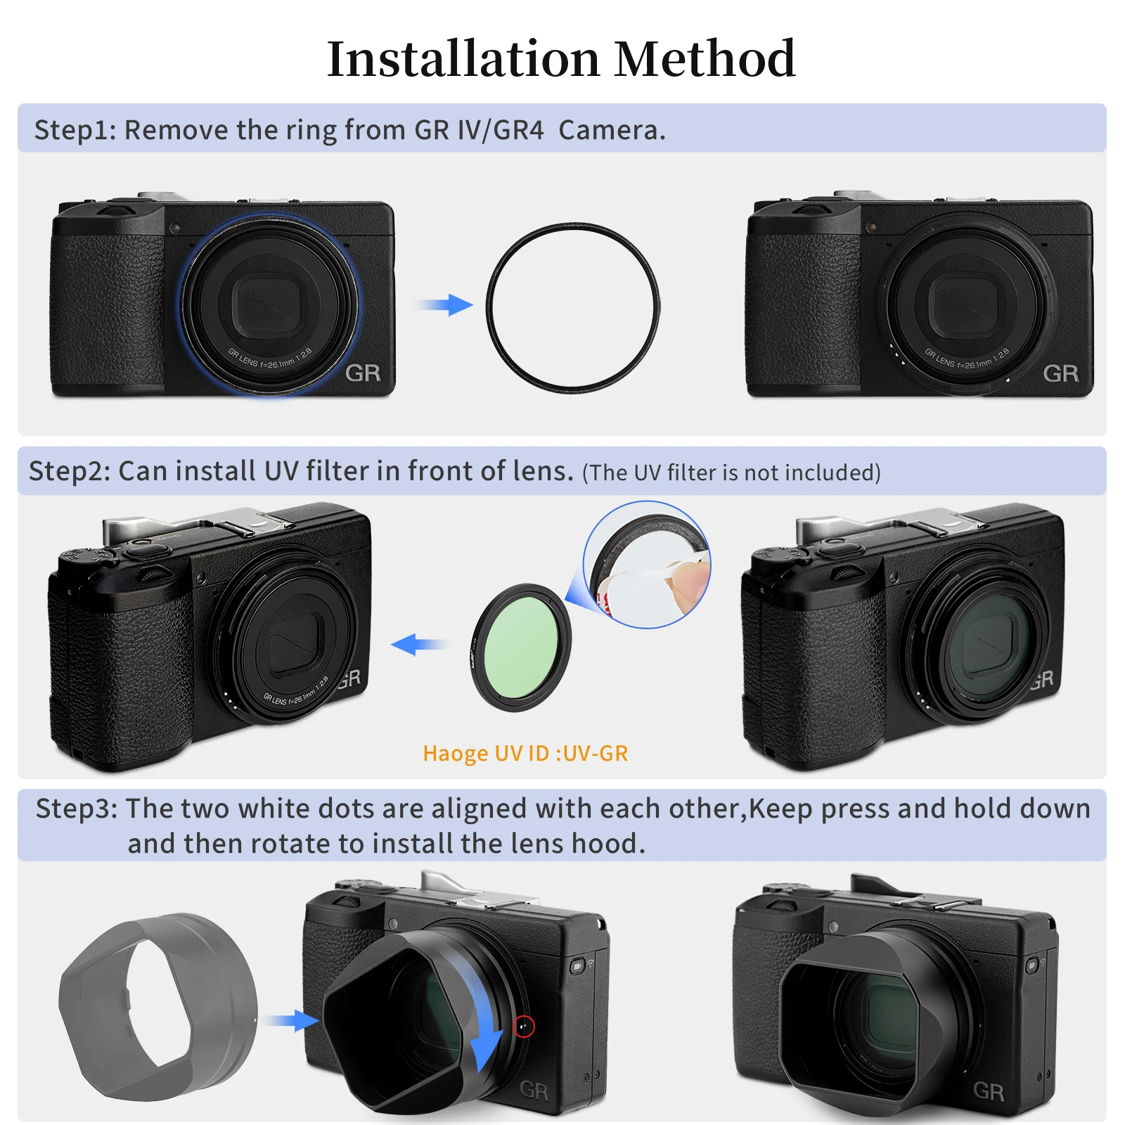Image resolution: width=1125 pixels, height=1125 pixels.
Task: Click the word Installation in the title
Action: click(463, 59)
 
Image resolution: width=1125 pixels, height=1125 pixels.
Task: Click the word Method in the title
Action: click(705, 59)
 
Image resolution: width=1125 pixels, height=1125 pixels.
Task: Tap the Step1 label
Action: click(75, 130)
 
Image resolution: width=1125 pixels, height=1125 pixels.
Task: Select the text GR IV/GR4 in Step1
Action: click(479, 130)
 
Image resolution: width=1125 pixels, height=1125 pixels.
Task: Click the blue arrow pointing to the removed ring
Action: click(445, 305)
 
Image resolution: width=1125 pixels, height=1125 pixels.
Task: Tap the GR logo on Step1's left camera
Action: click(363, 373)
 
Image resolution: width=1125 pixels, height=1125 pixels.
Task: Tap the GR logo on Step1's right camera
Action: click(1060, 373)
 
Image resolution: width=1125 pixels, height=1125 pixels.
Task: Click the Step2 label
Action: click(69, 471)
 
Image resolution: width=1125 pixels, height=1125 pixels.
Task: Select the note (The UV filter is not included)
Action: click(731, 472)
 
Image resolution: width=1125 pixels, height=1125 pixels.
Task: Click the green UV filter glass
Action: click(521, 647)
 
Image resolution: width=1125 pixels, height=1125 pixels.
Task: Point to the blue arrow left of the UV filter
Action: click(419, 643)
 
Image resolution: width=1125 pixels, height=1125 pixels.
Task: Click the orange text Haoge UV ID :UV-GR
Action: click(525, 753)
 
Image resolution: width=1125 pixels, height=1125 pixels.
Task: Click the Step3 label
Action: click(76, 809)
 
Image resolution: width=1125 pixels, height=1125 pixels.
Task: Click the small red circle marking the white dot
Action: click(524, 1027)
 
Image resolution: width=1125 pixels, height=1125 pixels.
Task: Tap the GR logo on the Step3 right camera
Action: click(988, 1091)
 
